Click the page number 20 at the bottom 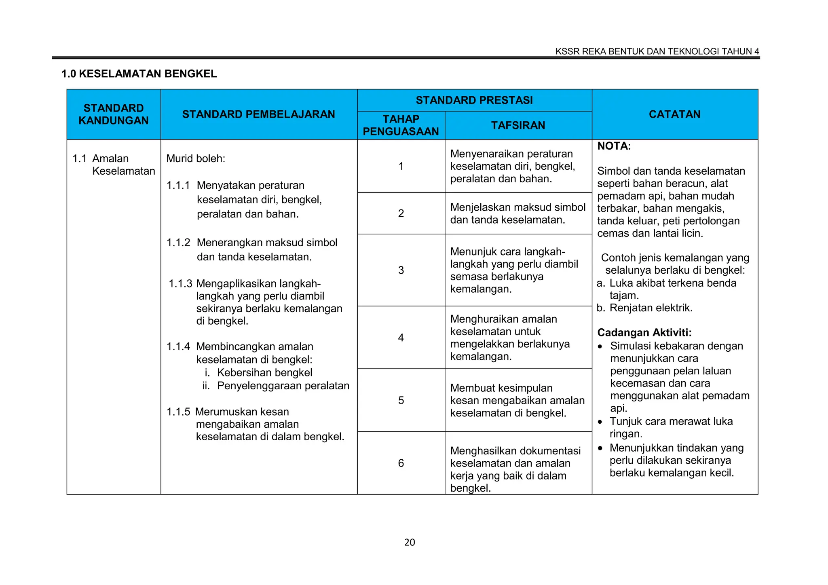(409, 542)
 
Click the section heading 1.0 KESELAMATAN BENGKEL (139, 74)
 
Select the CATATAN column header (674, 114)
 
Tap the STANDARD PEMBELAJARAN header (258, 114)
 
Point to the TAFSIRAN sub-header (518, 125)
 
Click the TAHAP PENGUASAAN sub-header (401, 125)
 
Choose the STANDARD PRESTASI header (474, 100)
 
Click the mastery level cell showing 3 (401, 270)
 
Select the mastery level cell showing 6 (401, 463)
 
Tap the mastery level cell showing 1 (401, 166)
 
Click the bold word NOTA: (614, 146)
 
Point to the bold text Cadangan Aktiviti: (644, 333)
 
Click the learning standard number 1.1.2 (178, 243)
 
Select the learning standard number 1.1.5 (178, 412)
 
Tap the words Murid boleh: (196, 158)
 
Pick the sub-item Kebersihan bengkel (264, 372)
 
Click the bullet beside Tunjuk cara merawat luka (600, 422)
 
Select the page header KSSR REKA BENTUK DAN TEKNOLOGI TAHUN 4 (657, 51)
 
